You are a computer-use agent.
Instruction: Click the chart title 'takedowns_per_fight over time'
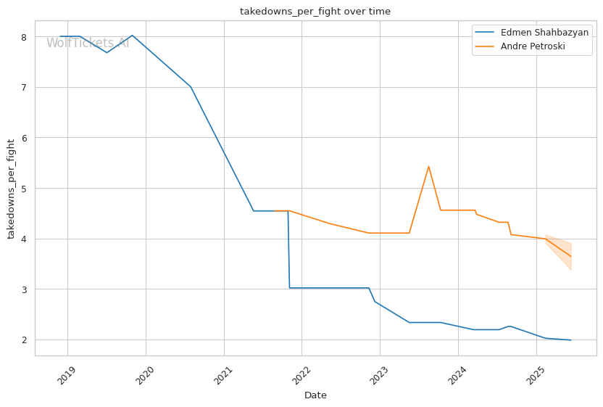click(315, 12)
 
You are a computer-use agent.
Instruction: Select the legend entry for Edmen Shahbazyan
click(544, 33)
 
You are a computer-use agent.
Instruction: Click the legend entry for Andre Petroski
click(533, 46)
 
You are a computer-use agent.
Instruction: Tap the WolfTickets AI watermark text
click(88, 44)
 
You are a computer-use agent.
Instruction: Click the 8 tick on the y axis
click(24, 37)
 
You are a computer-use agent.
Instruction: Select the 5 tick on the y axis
click(24, 189)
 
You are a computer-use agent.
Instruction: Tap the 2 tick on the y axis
click(24, 340)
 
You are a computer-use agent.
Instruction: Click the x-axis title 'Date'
click(315, 395)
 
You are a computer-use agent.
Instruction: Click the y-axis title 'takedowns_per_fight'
click(12, 189)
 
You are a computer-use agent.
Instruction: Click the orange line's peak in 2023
click(428, 166)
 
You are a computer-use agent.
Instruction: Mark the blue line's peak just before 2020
click(131, 36)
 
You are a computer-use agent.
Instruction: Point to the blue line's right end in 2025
click(570, 340)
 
